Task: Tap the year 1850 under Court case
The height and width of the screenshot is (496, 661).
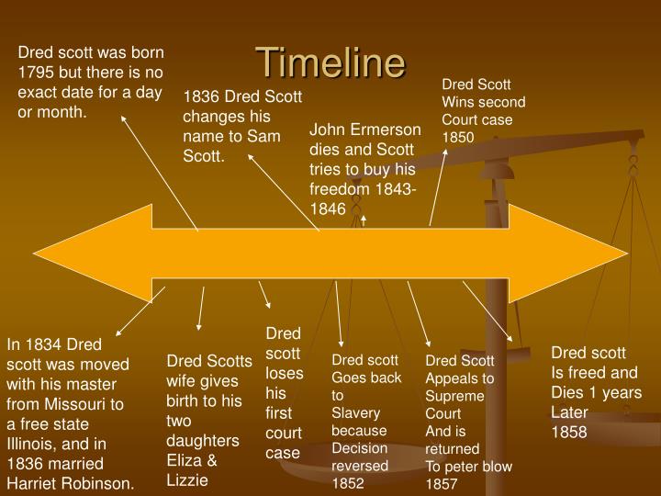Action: [x=458, y=137]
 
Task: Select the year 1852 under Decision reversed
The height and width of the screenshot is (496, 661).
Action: [x=348, y=483]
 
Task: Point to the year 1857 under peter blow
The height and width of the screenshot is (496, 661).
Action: [x=442, y=483]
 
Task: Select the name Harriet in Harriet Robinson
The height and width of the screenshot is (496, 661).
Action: [x=32, y=483]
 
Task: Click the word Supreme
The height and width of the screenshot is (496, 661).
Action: [x=453, y=395]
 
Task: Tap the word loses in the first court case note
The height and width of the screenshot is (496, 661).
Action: [x=278, y=373]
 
